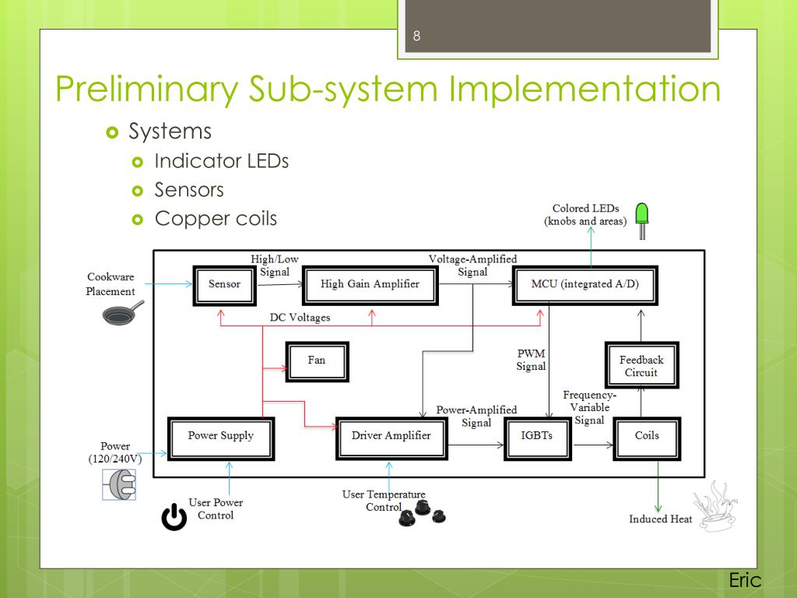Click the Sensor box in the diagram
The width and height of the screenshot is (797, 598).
(224, 285)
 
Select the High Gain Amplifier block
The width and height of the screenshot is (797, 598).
(370, 285)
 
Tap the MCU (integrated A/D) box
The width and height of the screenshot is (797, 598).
(585, 285)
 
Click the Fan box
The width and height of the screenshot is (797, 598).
(318, 361)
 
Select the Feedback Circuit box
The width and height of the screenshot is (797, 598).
(641, 365)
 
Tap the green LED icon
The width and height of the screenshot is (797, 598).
(642, 220)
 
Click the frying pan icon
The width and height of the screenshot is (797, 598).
(123, 313)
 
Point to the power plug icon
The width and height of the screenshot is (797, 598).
(119, 484)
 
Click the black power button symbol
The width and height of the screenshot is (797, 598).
(174, 517)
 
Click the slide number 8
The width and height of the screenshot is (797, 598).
(417, 36)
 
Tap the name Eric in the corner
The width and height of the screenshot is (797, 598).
(745, 580)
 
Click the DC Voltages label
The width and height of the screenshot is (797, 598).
(300, 318)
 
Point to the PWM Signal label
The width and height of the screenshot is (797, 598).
(531, 360)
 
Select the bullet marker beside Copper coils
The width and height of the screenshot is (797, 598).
(137, 220)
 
